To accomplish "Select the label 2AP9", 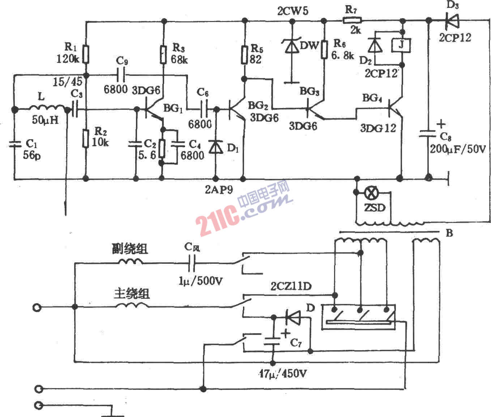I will (219, 190).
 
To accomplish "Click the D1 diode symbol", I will (216, 147).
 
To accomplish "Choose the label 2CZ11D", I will (291, 287).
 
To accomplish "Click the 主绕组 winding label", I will (132, 293).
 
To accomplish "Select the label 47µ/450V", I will (283, 374).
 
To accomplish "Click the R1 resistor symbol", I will (86, 54).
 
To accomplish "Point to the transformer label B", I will (449, 233).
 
